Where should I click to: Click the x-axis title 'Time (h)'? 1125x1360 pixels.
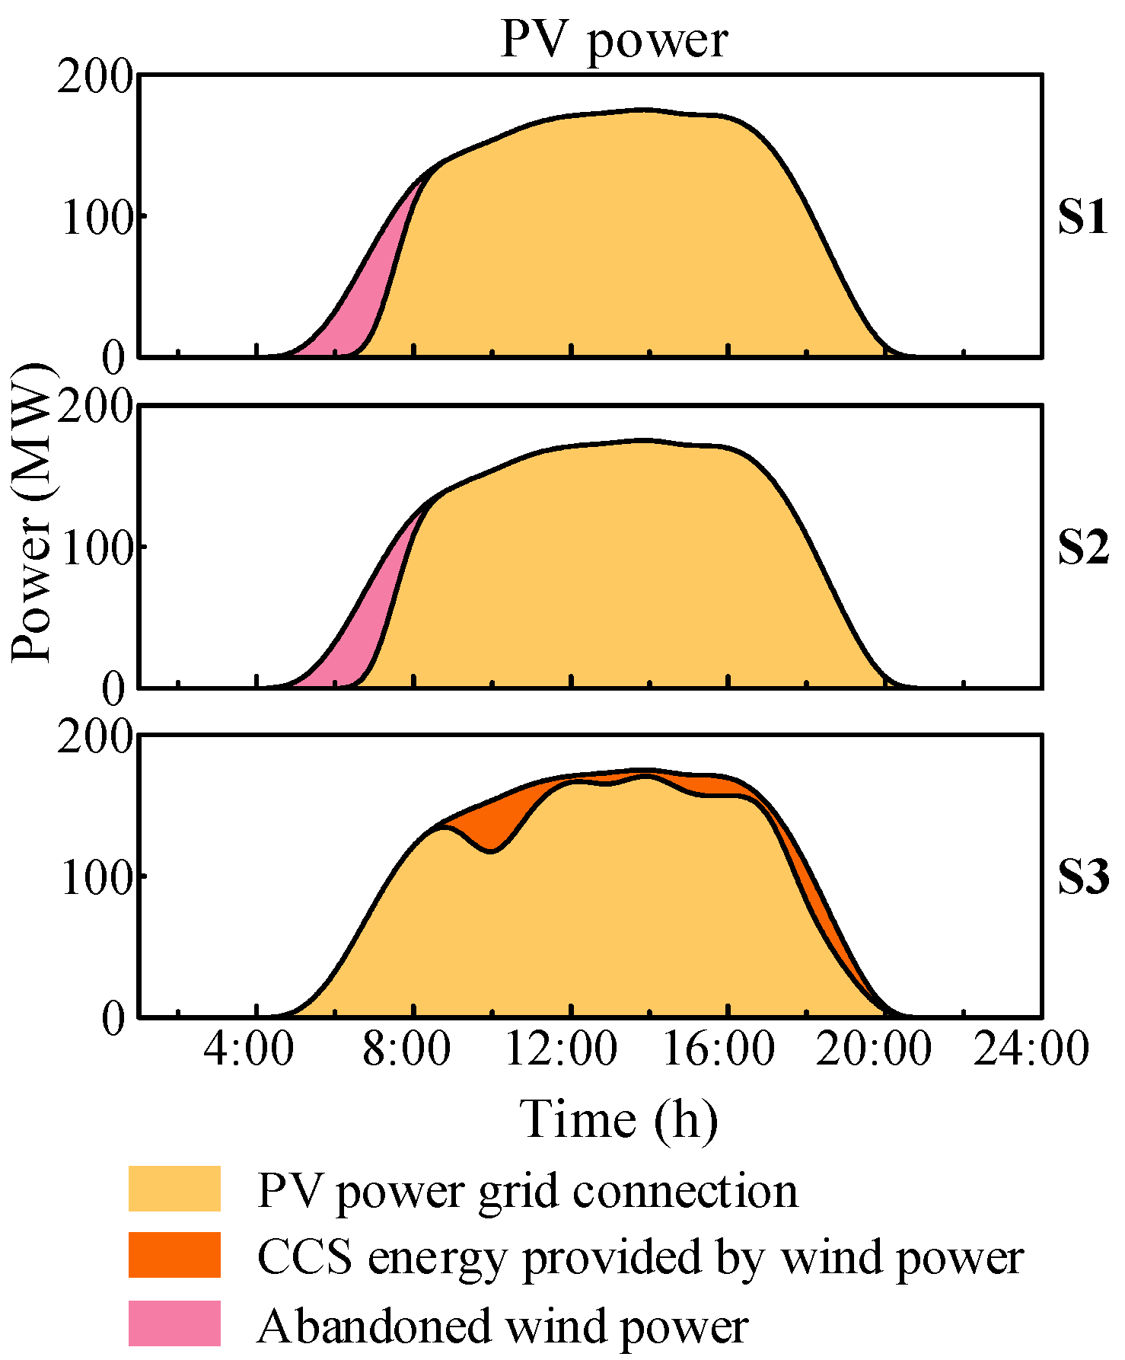pyautogui.click(x=618, y=1119)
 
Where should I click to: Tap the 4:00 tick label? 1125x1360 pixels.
pyautogui.click(x=248, y=1049)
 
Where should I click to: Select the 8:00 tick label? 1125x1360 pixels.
pyautogui.click(x=406, y=1049)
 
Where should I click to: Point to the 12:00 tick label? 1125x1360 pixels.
pyautogui.click(x=561, y=1049)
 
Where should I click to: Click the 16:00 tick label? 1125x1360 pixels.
pyautogui.click(x=719, y=1049)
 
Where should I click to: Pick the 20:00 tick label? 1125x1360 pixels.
pyautogui.click(x=875, y=1049)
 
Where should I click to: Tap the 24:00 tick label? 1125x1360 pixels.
pyautogui.click(x=1031, y=1049)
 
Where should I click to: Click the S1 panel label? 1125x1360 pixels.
pyautogui.click(x=1082, y=218)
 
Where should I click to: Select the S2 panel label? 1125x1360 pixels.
pyautogui.click(x=1083, y=548)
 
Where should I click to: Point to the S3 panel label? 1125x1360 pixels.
pyautogui.click(x=1083, y=877)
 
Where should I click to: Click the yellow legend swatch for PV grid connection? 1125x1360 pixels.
pyautogui.click(x=174, y=1189)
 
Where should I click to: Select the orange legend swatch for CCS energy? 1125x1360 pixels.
pyautogui.click(x=174, y=1255)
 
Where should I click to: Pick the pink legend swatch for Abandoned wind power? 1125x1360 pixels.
pyautogui.click(x=174, y=1323)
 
